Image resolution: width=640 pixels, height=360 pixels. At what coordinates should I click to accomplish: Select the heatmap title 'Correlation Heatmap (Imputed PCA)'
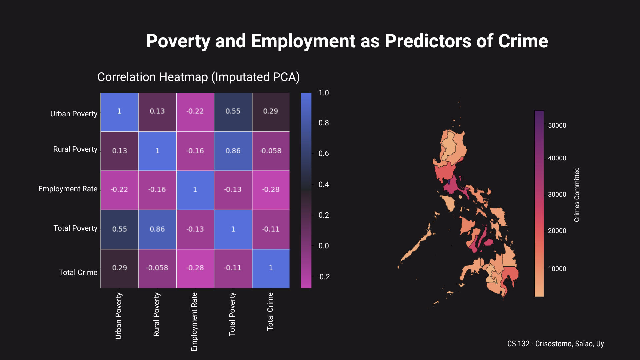point(198,77)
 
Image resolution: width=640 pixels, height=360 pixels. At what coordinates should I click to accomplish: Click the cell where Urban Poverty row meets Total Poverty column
point(233,112)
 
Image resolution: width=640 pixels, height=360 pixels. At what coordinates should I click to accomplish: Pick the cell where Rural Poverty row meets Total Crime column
point(270,151)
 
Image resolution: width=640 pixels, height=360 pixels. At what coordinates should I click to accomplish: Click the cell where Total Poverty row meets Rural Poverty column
point(157,229)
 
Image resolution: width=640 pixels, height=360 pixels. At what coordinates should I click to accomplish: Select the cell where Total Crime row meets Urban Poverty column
point(119,268)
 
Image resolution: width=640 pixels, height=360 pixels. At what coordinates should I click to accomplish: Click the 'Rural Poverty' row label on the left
point(75,149)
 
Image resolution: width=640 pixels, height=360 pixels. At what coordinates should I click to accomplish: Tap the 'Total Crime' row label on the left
point(78,273)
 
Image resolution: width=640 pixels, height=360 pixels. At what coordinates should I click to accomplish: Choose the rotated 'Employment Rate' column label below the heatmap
point(194,322)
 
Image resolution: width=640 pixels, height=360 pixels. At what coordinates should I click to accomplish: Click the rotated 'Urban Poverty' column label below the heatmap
point(119,316)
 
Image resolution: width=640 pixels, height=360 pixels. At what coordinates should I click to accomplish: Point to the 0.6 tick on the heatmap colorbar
point(323,154)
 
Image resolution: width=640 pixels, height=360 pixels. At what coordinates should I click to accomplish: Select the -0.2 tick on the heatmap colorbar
point(323,277)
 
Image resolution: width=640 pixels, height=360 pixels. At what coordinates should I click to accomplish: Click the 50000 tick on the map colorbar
point(557,126)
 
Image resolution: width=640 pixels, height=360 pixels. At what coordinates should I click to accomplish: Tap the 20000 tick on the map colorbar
point(557,231)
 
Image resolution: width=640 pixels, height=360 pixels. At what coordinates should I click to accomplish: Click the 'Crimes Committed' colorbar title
point(577,195)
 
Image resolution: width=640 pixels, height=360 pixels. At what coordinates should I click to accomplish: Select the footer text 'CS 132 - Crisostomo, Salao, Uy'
point(555,344)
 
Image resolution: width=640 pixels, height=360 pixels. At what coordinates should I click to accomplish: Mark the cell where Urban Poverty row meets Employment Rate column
point(195,112)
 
